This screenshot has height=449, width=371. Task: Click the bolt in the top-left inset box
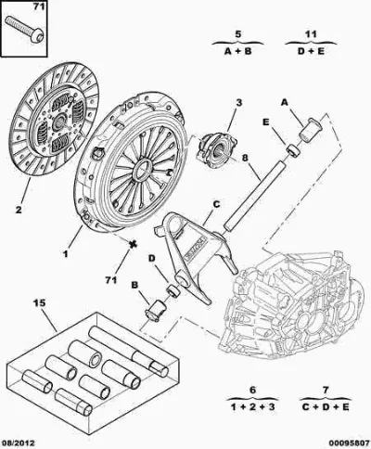pos(25,31)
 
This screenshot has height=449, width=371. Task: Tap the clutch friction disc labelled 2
pos(55,120)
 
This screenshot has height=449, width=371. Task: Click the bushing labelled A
pos(310,130)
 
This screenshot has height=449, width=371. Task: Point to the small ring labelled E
pos(293,150)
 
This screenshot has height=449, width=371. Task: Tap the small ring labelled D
pos(173,291)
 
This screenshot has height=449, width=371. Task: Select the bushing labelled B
pos(156,310)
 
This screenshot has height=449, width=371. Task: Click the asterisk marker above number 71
pos(133,244)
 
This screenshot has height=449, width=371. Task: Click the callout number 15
pos(39,302)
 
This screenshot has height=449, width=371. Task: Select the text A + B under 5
pos(237,51)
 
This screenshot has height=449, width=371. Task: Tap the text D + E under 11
pos(311,51)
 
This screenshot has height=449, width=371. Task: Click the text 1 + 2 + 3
pos(252,406)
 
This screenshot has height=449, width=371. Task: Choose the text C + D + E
pos(326,406)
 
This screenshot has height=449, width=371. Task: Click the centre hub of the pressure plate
pos(143,169)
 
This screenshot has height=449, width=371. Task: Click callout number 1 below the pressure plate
pos(65,254)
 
